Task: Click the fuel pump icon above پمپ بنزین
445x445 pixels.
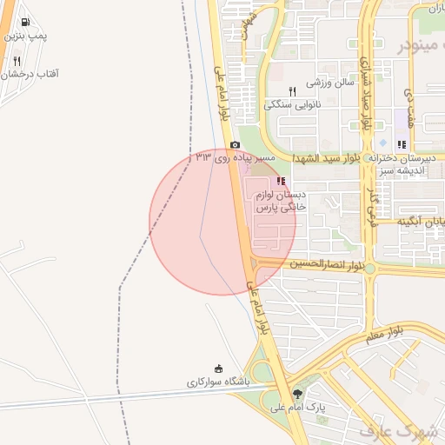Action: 23,23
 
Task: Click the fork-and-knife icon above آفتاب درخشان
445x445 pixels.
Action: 17,62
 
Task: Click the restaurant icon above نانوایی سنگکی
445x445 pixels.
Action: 293,91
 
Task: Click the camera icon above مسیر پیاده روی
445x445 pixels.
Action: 235,145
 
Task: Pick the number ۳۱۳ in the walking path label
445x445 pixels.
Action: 203,157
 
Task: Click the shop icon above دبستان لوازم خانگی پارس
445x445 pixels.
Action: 281,181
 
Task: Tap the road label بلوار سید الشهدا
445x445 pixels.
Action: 326,158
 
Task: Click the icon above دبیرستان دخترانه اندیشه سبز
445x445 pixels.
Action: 401,145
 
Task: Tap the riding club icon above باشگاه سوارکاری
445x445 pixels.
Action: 218,369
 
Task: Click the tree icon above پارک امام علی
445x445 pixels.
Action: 299,394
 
